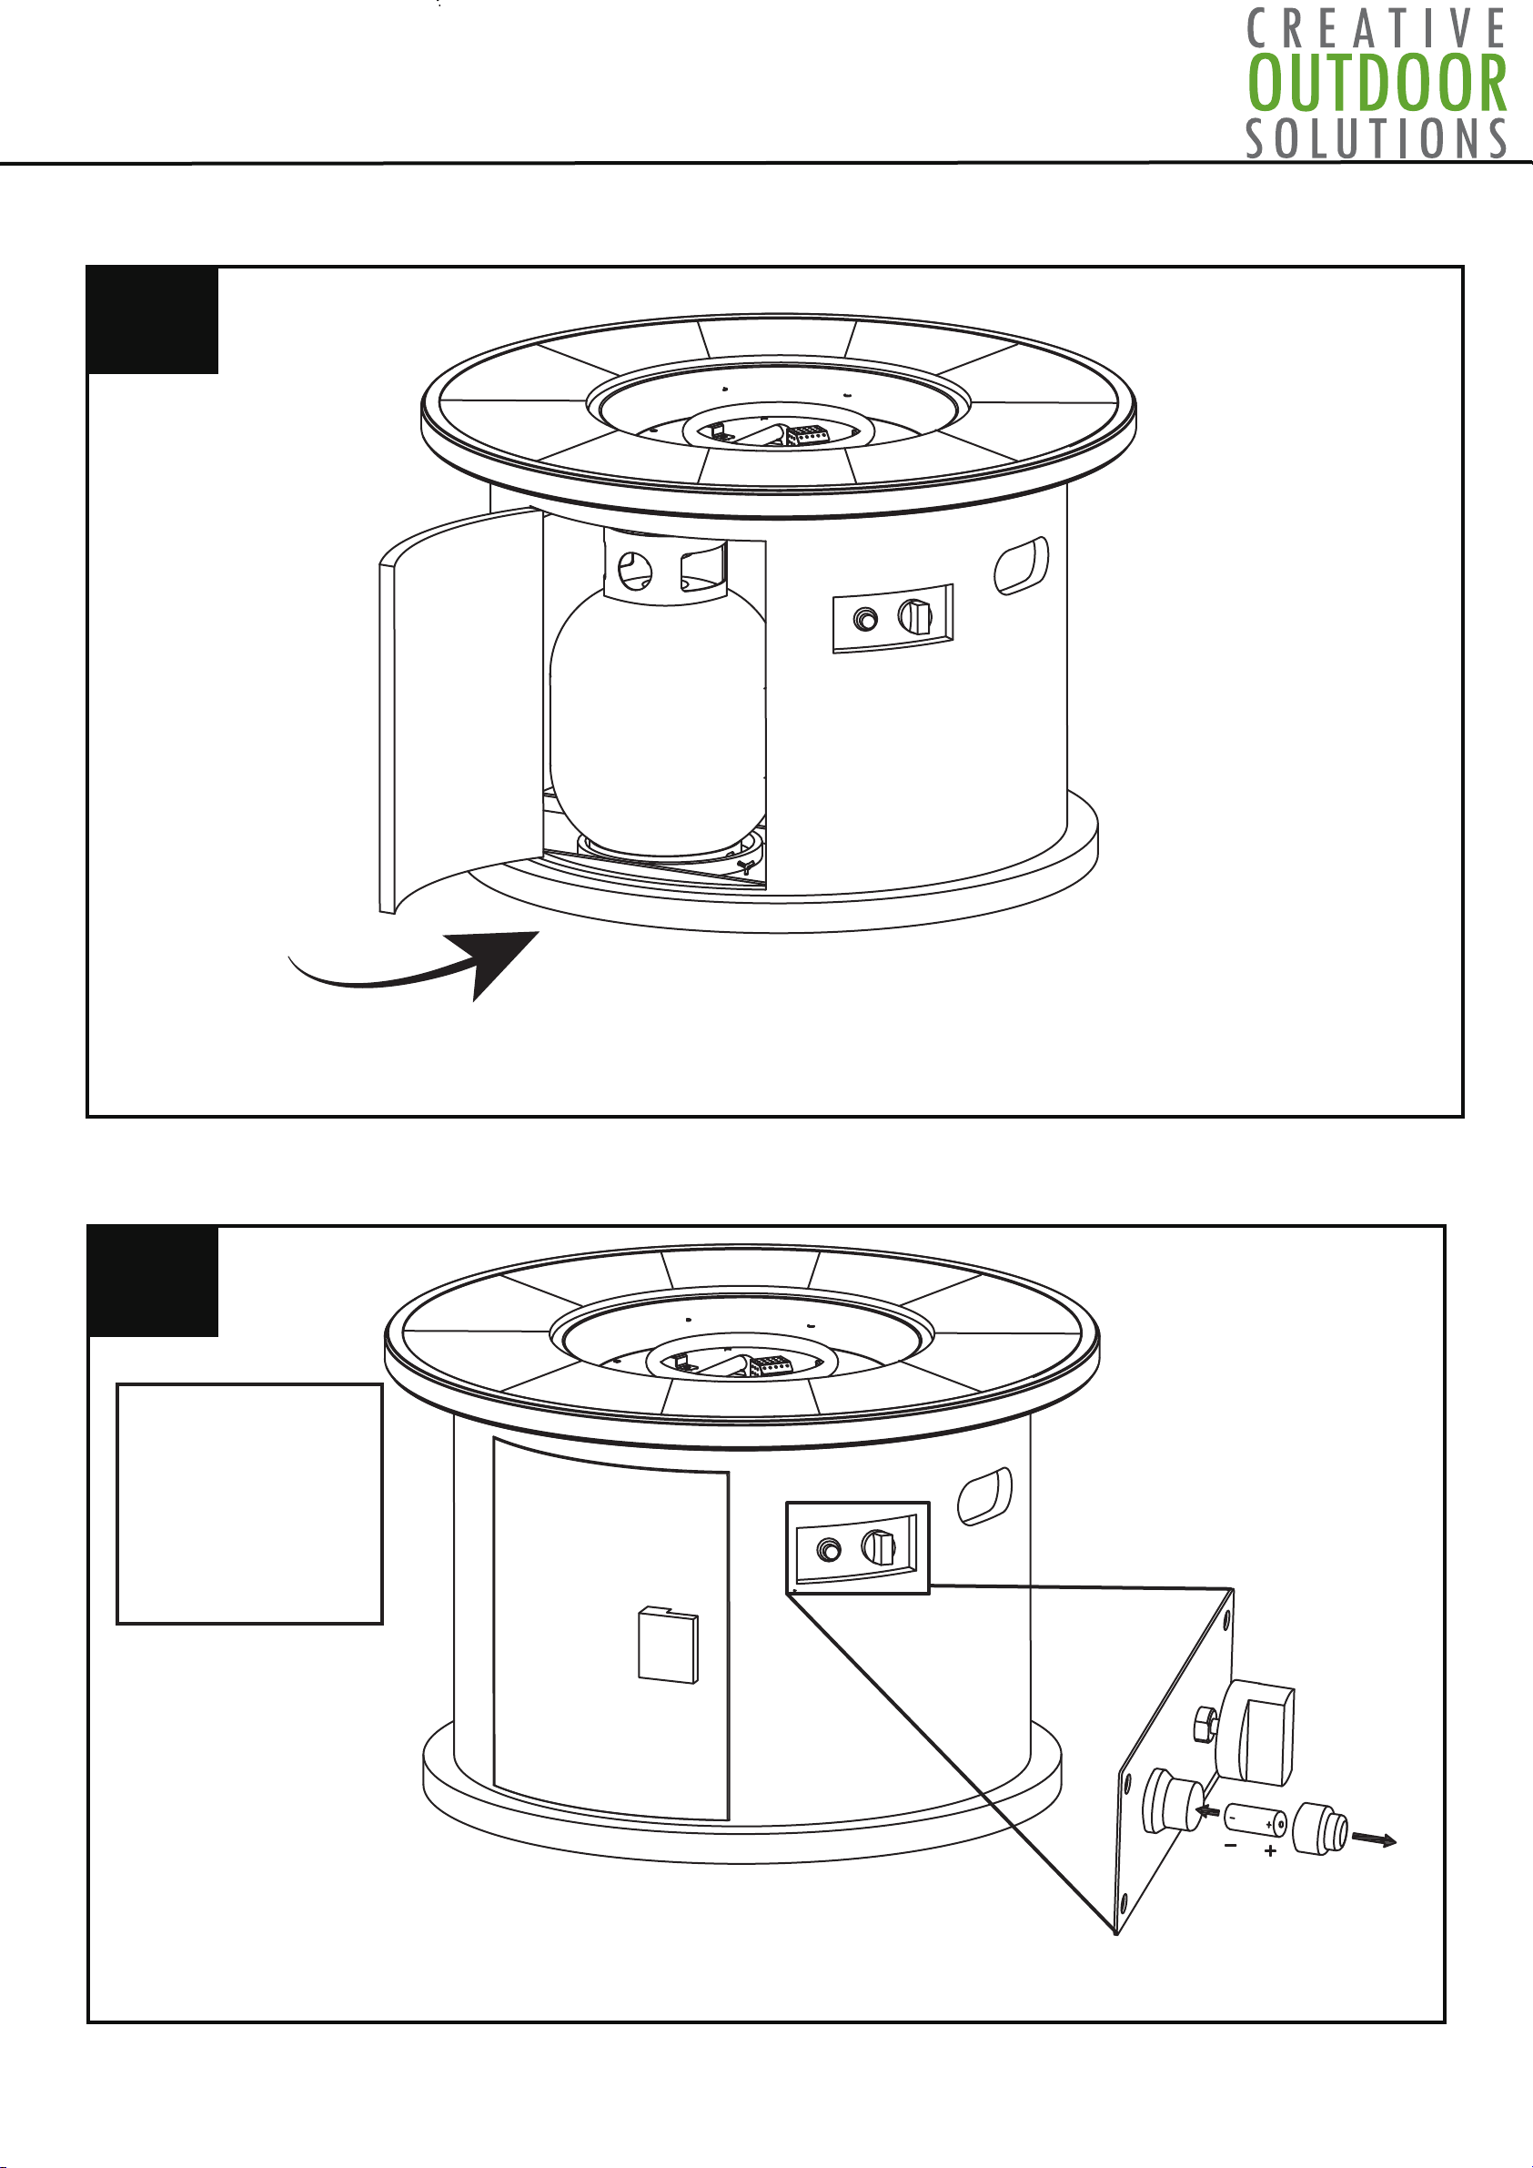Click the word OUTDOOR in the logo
(x=1377, y=83)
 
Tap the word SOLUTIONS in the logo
(x=1377, y=137)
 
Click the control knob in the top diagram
(x=914, y=617)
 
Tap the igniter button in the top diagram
(x=864, y=621)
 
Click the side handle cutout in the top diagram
(x=1022, y=565)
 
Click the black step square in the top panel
(x=153, y=321)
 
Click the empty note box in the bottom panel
(x=249, y=1504)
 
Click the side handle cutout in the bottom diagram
(x=984, y=1496)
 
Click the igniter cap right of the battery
(x=1321, y=1829)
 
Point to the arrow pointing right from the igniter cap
(x=1375, y=1839)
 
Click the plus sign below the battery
(x=1271, y=1851)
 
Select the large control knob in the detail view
(x=1256, y=1734)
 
